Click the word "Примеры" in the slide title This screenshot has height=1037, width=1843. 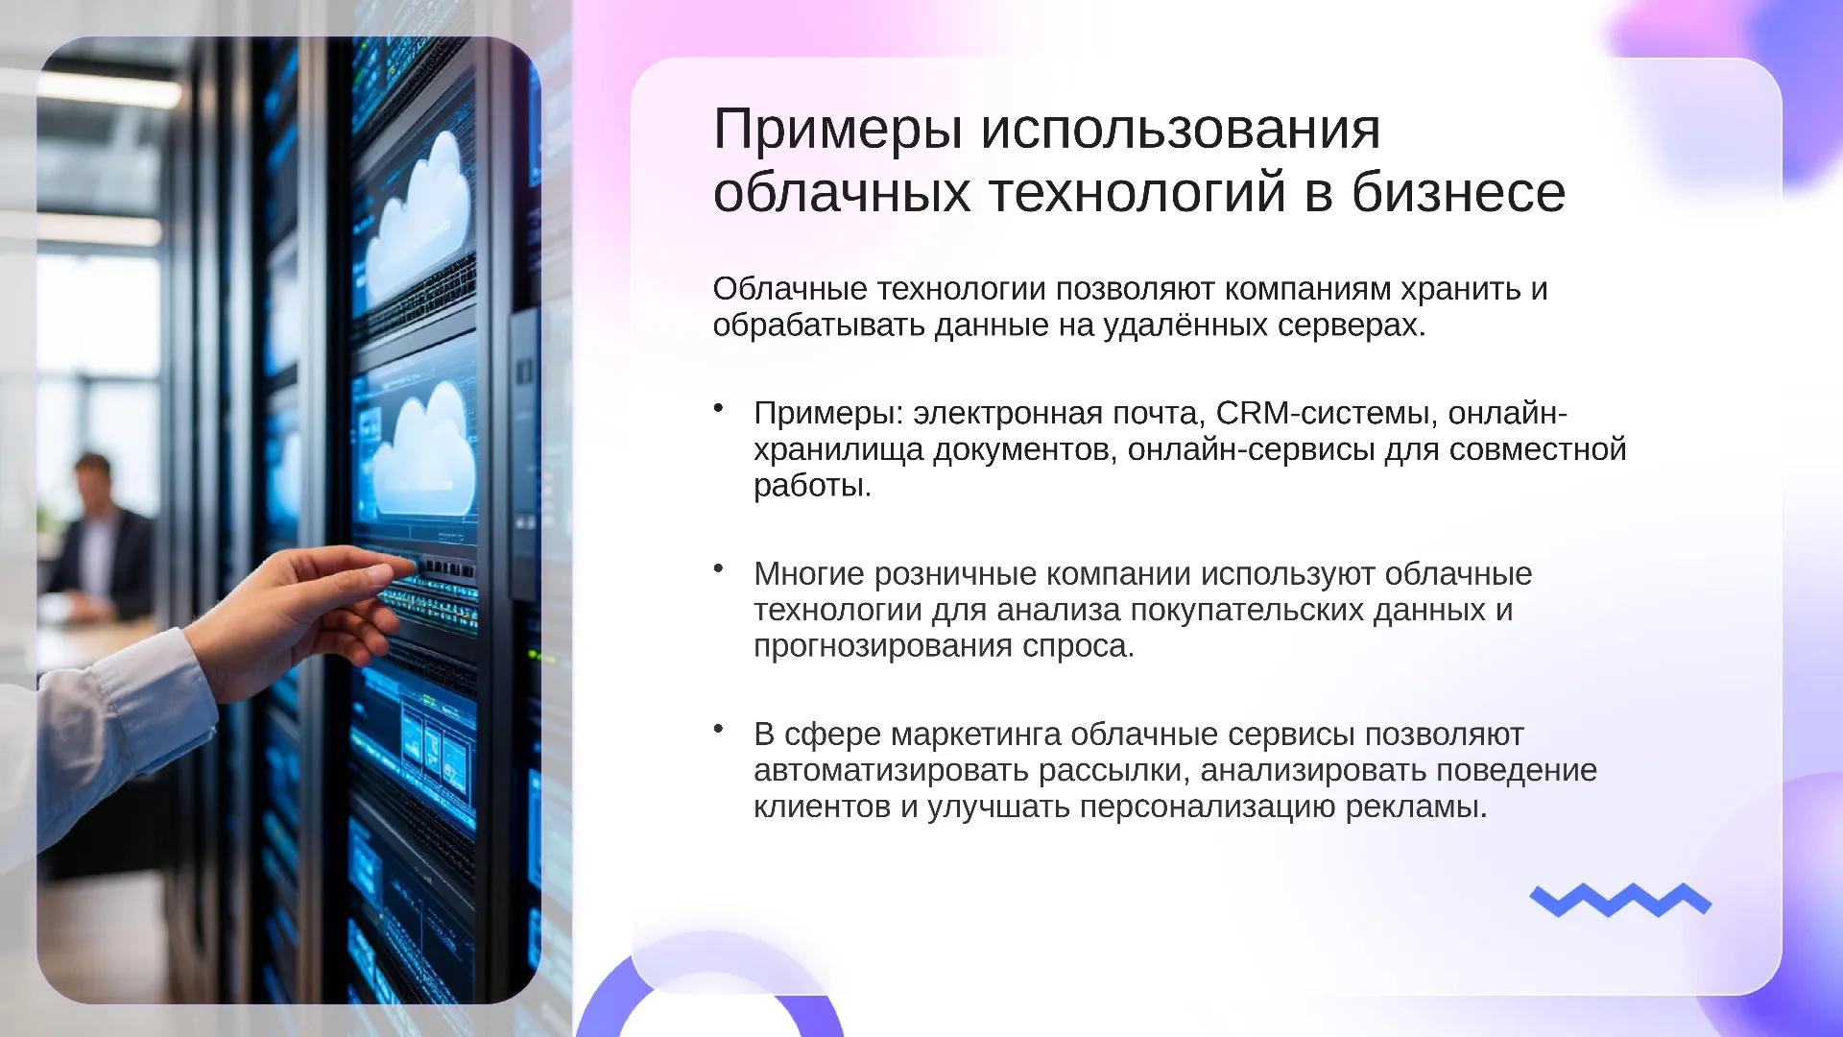click(x=837, y=131)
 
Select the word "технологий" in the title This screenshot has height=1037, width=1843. click(x=1137, y=192)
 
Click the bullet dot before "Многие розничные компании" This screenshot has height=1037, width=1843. click(x=718, y=568)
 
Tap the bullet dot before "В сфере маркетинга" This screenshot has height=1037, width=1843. click(x=718, y=729)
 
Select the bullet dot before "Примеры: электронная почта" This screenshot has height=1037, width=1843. click(x=718, y=408)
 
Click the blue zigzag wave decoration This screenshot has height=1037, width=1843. click(x=1620, y=900)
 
